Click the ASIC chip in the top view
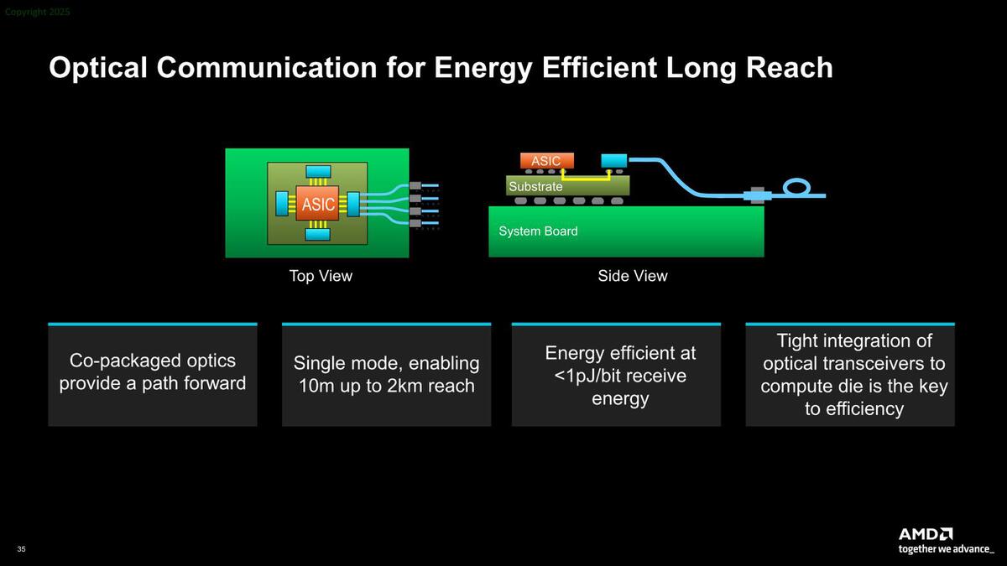[317, 204]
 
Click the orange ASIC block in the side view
[546, 161]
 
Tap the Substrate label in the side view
[535, 186]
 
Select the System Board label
[538, 231]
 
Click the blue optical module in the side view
[614, 160]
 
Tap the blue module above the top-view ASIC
[318, 172]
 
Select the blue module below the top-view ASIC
[318, 235]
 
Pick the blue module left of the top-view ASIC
[282, 204]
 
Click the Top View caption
[321, 276]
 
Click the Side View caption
[633, 276]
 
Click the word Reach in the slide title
[791, 68]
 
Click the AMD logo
[925, 534]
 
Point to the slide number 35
[21, 548]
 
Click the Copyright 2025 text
[38, 13]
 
